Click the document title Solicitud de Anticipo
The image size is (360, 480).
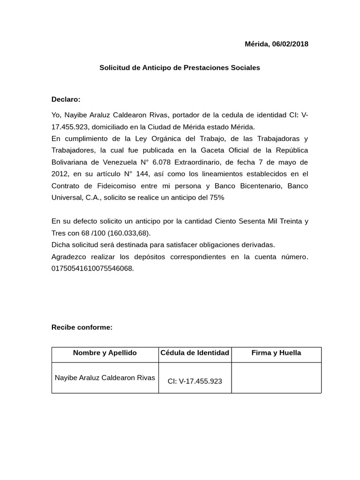(180, 67)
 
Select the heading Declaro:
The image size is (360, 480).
(66, 99)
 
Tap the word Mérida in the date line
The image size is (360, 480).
(256, 44)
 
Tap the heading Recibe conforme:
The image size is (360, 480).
(82, 327)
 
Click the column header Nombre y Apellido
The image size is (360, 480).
(105, 353)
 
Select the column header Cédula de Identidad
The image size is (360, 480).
(195, 352)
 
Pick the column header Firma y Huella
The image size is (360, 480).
(276, 352)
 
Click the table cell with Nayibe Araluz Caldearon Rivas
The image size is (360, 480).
(105, 377)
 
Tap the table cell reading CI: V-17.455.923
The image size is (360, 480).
(195, 381)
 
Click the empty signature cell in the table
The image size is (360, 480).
(276, 378)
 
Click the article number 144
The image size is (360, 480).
(142, 174)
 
